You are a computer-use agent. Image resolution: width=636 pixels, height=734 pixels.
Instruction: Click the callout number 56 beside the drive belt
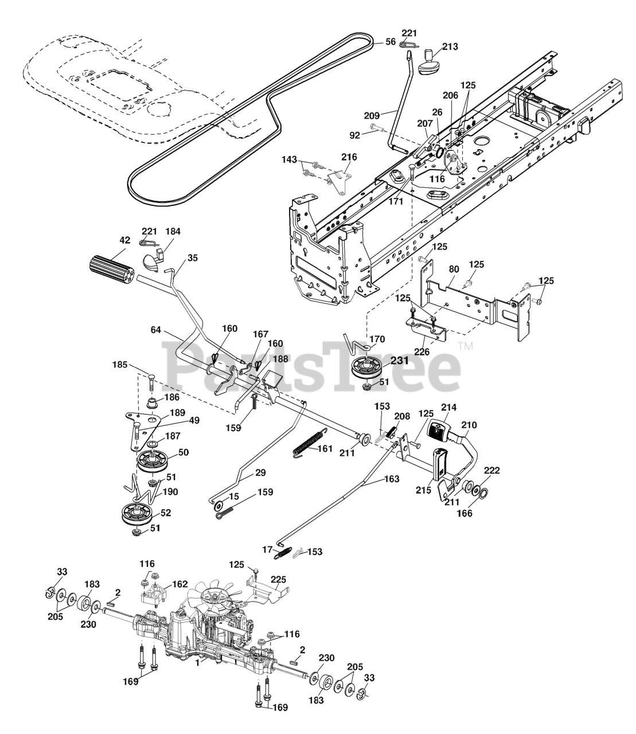[391, 42]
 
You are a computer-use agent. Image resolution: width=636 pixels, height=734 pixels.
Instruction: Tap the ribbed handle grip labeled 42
[111, 268]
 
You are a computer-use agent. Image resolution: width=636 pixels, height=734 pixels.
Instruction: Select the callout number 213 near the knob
[450, 46]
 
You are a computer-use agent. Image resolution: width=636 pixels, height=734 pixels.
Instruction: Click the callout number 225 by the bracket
[278, 580]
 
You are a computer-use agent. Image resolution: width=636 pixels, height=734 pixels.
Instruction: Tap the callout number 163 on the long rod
[391, 479]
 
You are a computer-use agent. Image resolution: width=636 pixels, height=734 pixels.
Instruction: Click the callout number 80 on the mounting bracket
[454, 269]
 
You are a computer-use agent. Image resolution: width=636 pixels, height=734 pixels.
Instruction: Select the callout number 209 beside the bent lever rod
[372, 115]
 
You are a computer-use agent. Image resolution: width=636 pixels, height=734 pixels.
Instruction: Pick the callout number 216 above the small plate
[349, 157]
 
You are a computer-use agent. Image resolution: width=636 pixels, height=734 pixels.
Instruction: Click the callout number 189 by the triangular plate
[178, 413]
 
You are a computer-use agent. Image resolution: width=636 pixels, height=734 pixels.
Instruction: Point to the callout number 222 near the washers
[492, 471]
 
